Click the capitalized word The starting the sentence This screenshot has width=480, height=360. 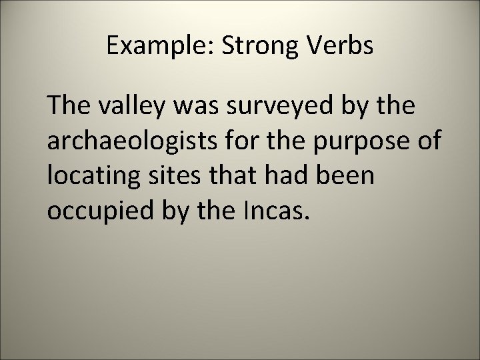[x=68, y=105]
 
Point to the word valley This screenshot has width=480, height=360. [x=129, y=107]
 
